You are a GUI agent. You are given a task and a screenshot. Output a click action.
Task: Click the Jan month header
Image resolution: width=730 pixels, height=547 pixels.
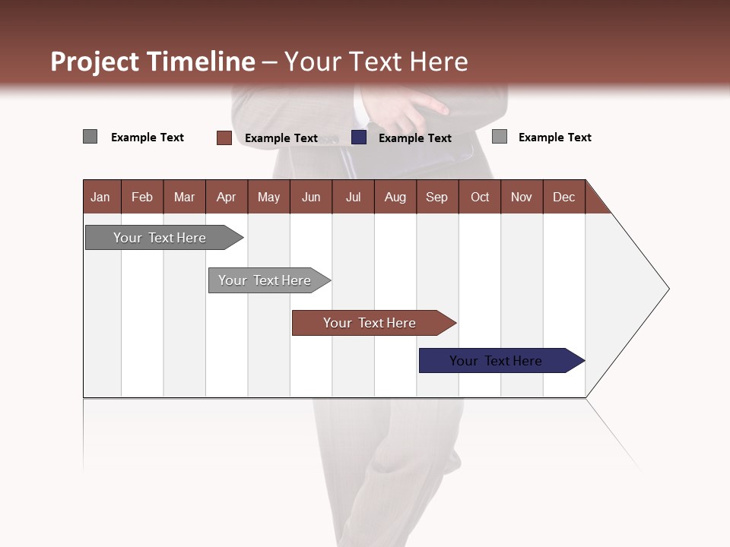pyautogui.click(x=100, y=197)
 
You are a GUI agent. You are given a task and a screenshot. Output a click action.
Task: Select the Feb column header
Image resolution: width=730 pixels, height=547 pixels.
pyautogui.click(x=142, y=197)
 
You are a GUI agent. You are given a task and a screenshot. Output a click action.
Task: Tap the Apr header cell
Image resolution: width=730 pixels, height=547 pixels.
pyautogui.click(x=226, y=197)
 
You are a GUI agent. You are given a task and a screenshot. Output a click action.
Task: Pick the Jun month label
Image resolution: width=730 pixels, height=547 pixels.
pyautogui.click(x=311, y=197)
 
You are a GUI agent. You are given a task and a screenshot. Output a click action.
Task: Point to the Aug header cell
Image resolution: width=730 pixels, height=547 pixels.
pyautogui.click(x=395, y=197)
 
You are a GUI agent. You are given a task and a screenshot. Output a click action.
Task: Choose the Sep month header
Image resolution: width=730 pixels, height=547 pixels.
pyautogui.click(x=436, y=197)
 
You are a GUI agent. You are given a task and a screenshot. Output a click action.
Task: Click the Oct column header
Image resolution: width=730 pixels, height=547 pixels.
pyautogui.click(x=480, y=197)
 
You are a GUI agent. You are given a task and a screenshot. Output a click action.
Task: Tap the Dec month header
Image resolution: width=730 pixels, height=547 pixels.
pyautogui.click(x=563, y=197)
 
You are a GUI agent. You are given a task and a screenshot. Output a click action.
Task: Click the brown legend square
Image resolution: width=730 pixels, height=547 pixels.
pyautogui.click(x=224, y=138)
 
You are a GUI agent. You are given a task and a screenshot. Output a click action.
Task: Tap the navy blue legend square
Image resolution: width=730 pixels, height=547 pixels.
pyautogui.click(x=359, y=138)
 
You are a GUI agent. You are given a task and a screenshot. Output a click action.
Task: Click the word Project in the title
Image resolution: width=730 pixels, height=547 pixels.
pyautogui.click(x=96, y=62)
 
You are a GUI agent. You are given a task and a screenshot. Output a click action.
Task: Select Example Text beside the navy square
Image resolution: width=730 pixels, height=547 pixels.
pyautogui.click(x=414, y=138)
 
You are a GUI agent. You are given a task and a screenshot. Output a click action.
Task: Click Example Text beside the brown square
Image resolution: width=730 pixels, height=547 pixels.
pyautogui.click(x=281, y=138)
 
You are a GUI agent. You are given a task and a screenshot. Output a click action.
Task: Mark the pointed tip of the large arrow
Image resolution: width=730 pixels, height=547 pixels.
pyautogui.click(x=668, y=289)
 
